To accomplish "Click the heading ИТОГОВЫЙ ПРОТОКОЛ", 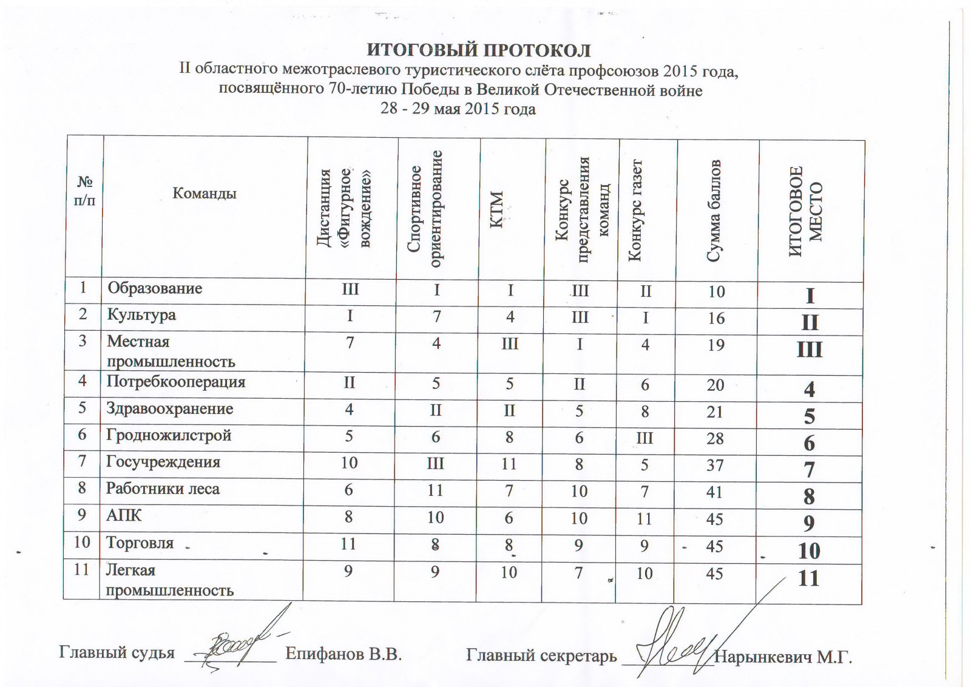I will tap(479, 50).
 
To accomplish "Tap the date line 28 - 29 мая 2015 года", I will tap(458, 109).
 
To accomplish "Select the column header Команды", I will tap(205, 194).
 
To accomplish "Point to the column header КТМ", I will tap(497, 209).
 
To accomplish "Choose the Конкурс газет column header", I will tap(635, 209).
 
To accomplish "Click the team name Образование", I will tap(155, 288).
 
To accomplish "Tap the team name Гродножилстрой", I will tap(169, 435).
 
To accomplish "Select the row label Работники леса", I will tap(163, 489).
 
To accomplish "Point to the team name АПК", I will tap(124, 515).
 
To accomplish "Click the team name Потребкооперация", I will tap(176, 382).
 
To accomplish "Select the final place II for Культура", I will tap(810, 322).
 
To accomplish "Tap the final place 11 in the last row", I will tap(809, 578).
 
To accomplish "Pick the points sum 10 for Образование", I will tap(716, 291).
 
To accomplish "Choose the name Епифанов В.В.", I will tap(343, 654).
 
